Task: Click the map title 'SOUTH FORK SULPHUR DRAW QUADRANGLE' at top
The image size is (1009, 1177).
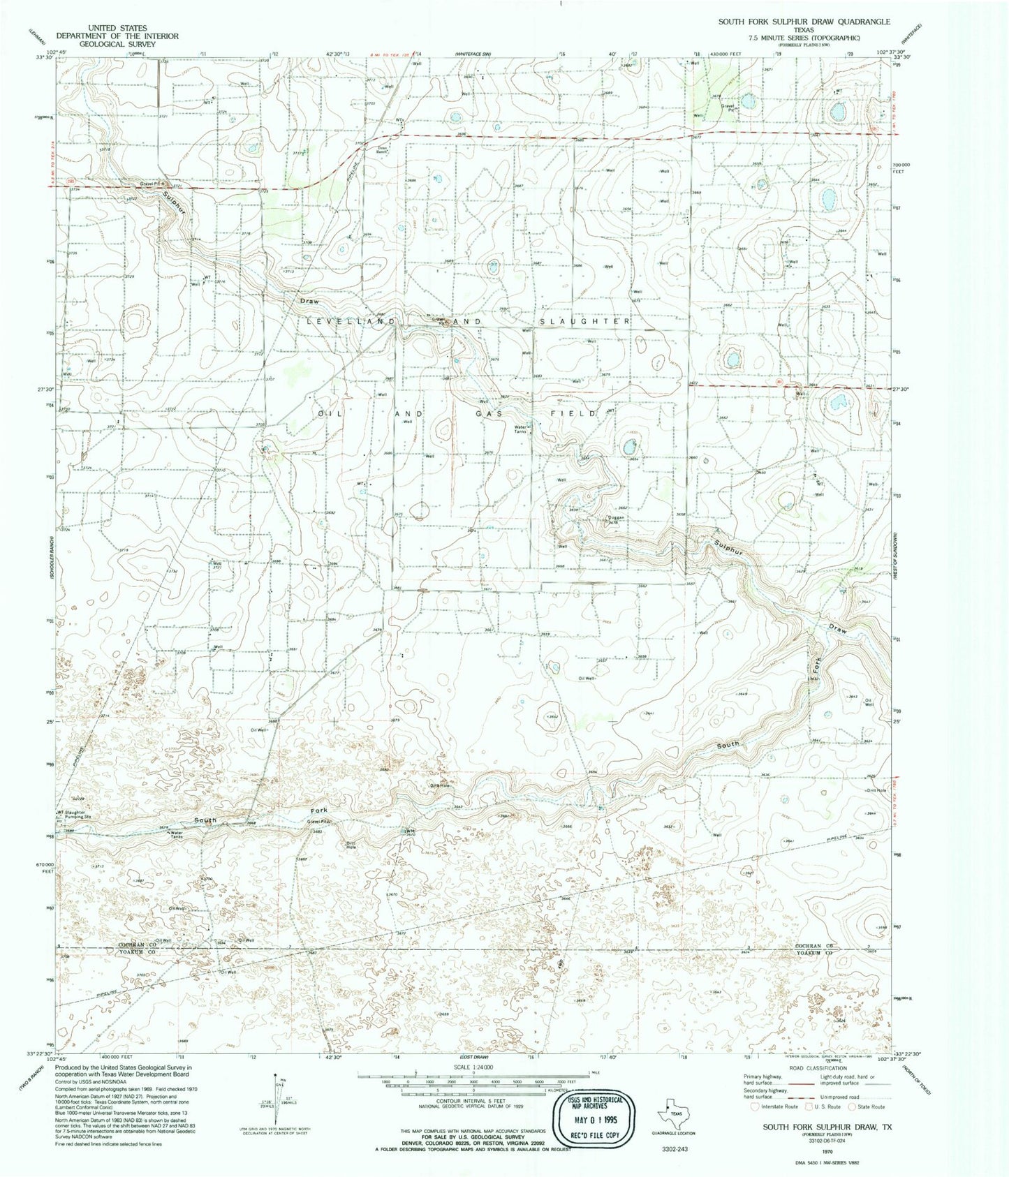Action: click(x=804, y=22)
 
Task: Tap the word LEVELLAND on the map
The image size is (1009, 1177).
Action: click(x=351, y=321)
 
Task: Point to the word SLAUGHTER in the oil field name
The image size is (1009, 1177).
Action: click(x=584, y=321)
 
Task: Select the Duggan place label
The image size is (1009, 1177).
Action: click(x=615, y=518)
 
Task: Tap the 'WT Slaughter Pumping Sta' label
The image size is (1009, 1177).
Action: click(x=74, y=814)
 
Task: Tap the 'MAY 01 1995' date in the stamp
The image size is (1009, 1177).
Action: click(x=594, y=1117)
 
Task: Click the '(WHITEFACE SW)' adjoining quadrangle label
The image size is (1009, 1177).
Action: click(x=474, y=54)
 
